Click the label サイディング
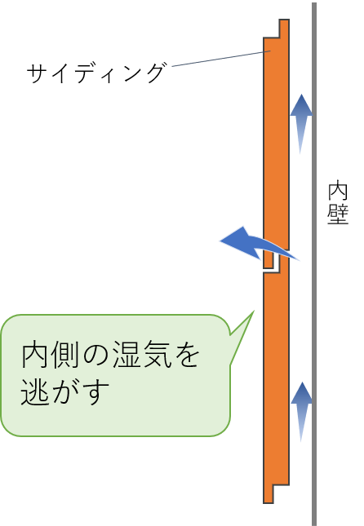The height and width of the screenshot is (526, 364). pyautogui.click(x=96, y=73)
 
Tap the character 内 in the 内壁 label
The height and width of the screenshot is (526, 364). pyautogui.click(x=338, y=191)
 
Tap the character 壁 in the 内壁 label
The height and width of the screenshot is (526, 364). pyautogui.click(x=338, y=214)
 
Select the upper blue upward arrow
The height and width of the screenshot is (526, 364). pyautogui.click(x=301, y=124)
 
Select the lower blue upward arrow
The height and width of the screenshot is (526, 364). pyautogui.click(x=301, y=412)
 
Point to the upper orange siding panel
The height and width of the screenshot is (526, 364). pyautogui.click(x=276, y=141)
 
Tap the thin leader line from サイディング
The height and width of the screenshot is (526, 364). pyautogui.click(x=222, y=59)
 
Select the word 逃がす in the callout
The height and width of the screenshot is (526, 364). pyautogui.click(x=64, y=391)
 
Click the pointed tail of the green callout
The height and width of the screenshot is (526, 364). pyautogui.click(x=254, y=312)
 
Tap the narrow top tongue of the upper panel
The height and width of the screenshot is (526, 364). pyautogui.click(x=284, y=29)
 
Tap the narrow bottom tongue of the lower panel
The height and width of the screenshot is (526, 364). pyautogui.click(x=269, y=494)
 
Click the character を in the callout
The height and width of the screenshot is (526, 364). pyautogui.click(x=188, y=355)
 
